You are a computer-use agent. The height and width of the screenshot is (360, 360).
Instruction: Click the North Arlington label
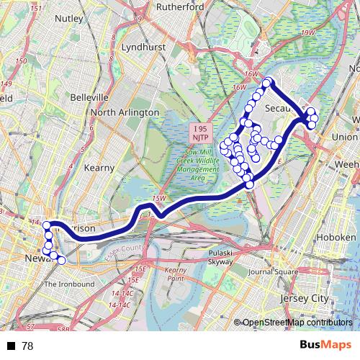[125, 112]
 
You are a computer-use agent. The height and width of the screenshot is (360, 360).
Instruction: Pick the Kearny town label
[99, 167]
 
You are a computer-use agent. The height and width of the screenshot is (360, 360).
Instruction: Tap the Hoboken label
[338, 238]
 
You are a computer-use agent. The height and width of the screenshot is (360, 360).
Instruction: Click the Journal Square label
[272, 272]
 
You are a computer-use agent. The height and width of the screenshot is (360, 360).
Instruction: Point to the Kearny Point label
[176, 274]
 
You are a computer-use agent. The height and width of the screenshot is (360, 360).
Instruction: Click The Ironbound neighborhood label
[69, 284]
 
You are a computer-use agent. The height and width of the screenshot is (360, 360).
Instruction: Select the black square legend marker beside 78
[11, 346]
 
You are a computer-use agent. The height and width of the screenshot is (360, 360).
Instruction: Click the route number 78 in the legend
[27, 346]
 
